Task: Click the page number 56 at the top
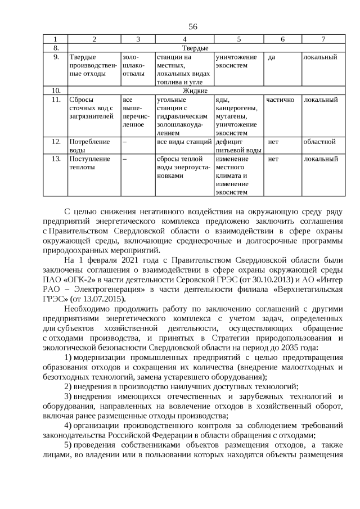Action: [192, 26]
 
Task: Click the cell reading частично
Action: [280, 100]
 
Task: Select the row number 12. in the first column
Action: [55, 141]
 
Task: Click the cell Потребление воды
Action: [89, 146]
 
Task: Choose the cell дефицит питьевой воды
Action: [238, 146]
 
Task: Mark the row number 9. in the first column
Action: [55, 57]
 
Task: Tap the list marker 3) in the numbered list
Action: [68, 398]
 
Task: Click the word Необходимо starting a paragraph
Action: [85, 309]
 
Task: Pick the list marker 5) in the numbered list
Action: [68, 445]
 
